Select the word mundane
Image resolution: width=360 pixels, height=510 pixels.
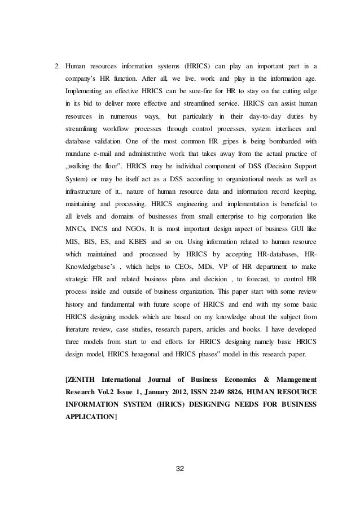click(x=79, y=153)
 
